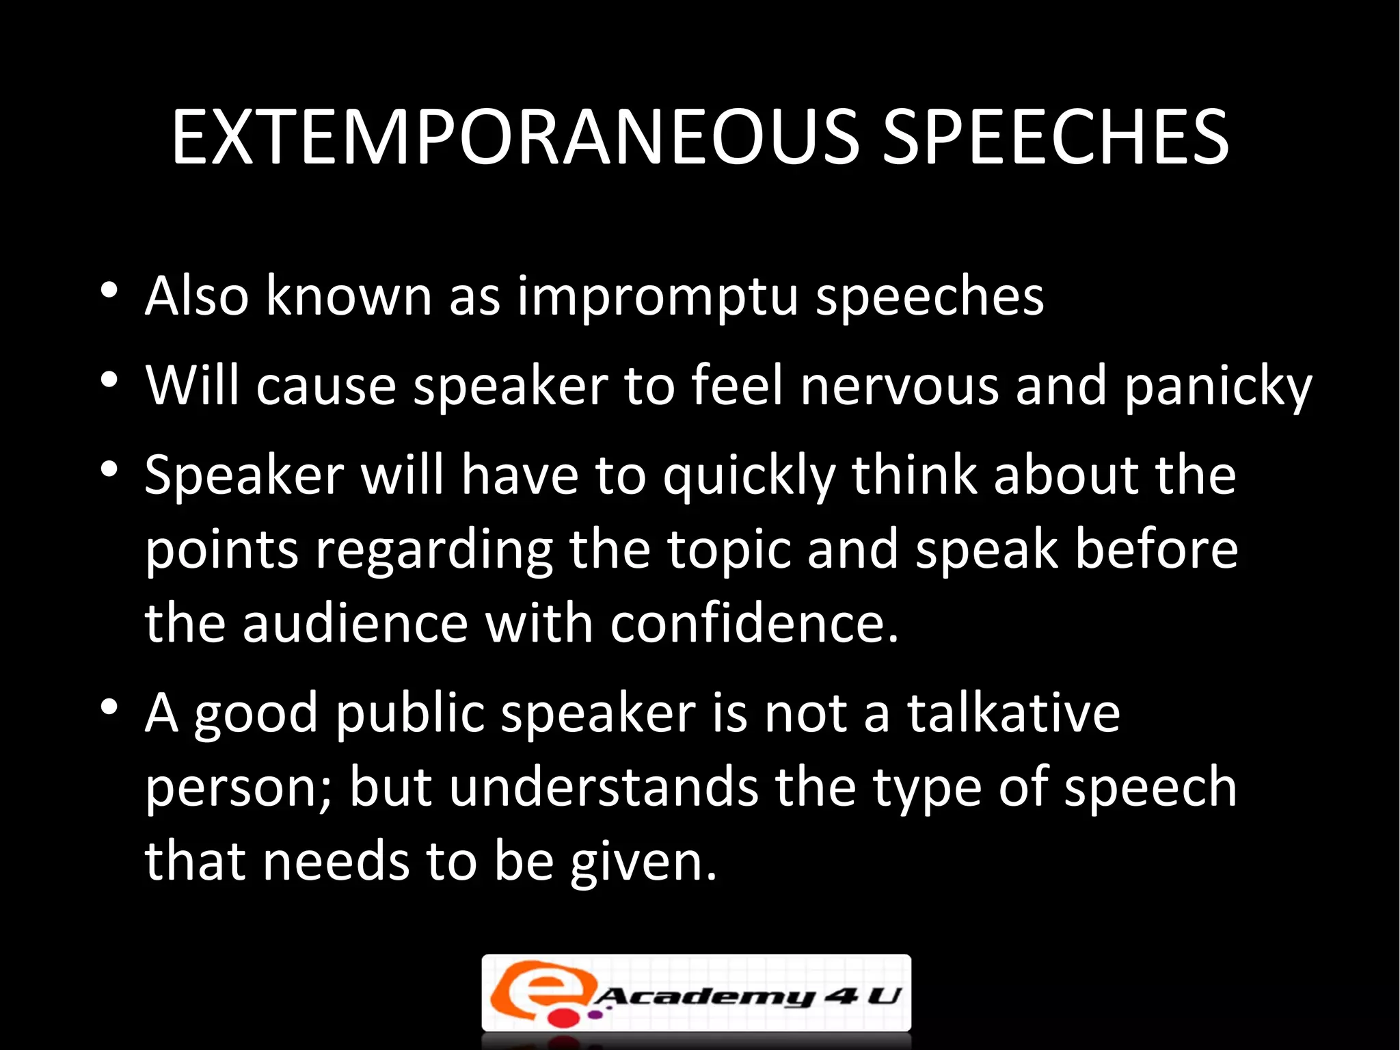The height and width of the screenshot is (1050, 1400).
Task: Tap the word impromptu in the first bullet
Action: (657, 298)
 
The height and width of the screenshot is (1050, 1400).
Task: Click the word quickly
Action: (749, 477)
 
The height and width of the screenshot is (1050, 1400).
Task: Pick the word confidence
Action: (753, 624)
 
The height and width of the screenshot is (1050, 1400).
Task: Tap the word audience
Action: (355, 624)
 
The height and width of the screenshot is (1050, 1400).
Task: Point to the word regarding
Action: (433, 551)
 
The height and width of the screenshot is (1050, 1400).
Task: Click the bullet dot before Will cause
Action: (109, 380)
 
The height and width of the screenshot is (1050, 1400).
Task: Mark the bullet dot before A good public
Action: (109, 707)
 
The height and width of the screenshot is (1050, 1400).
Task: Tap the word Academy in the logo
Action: (704, 997)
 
